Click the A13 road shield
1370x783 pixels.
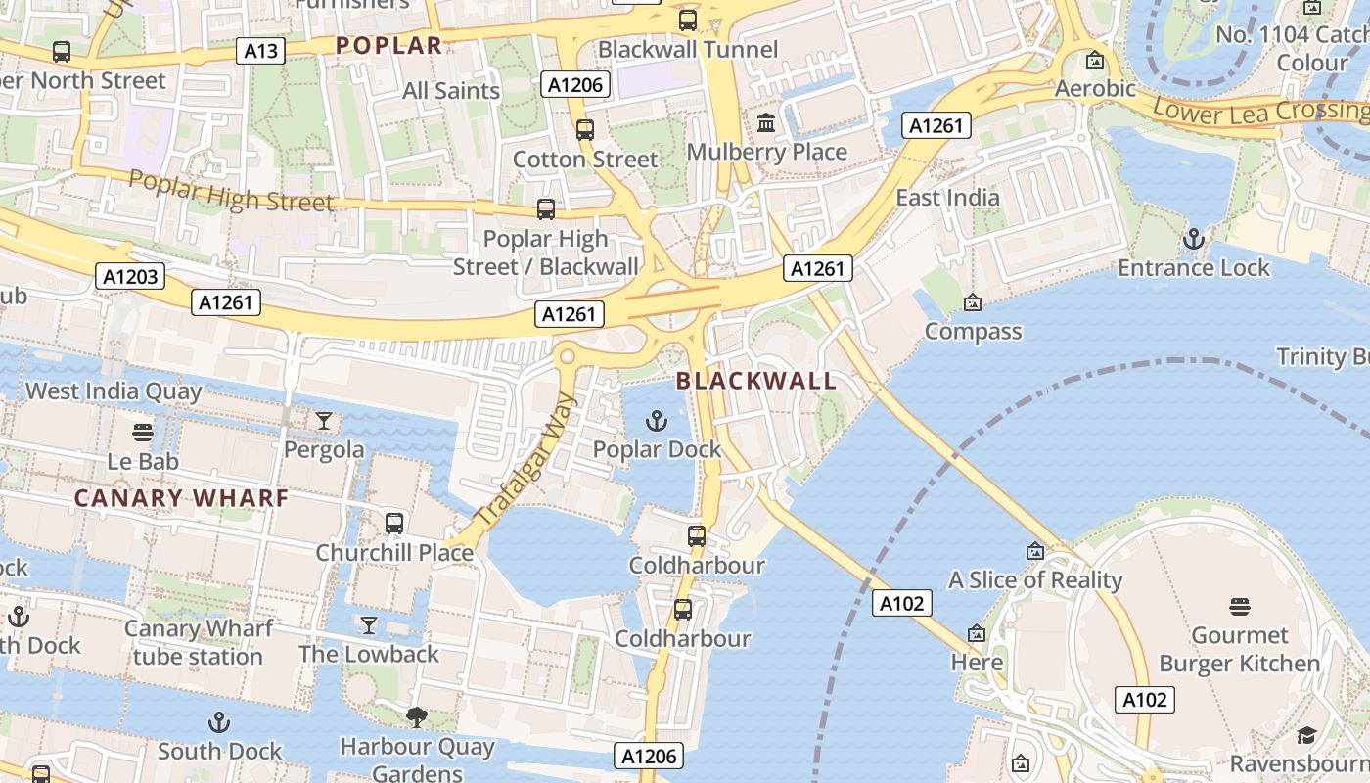click(x=260, y=51)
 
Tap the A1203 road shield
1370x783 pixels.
click(x=131, y=277)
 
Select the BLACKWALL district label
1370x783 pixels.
click(x=756, y=381)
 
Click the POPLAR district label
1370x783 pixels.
click(x=388, y=45)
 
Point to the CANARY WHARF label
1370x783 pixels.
click(x=182, y=498)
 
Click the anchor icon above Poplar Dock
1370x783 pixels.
click(x=657, y=422)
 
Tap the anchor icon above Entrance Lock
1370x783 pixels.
click(x=1193, y=239)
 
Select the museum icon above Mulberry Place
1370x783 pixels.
click(x=766, y=123)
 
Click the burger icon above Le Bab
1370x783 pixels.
click(x=143, y=432)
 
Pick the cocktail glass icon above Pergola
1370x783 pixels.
click(x=324, y=421)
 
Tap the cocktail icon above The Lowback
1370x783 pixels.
click(x=369, y=624)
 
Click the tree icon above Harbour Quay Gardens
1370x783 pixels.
click(x=417, y=717)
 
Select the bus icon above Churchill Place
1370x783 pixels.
click(x=394, y=523)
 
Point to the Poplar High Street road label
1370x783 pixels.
click(x=231, y=191)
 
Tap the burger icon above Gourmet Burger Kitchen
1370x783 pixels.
click(x=1240, y=607)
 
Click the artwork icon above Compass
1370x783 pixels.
click(x=972, y=302)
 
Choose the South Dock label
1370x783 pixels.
click(x=219, y=752)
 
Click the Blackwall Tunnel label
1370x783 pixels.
click(x=688, y=49)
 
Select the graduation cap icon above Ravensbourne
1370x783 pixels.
click(x=1306, y=735)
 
